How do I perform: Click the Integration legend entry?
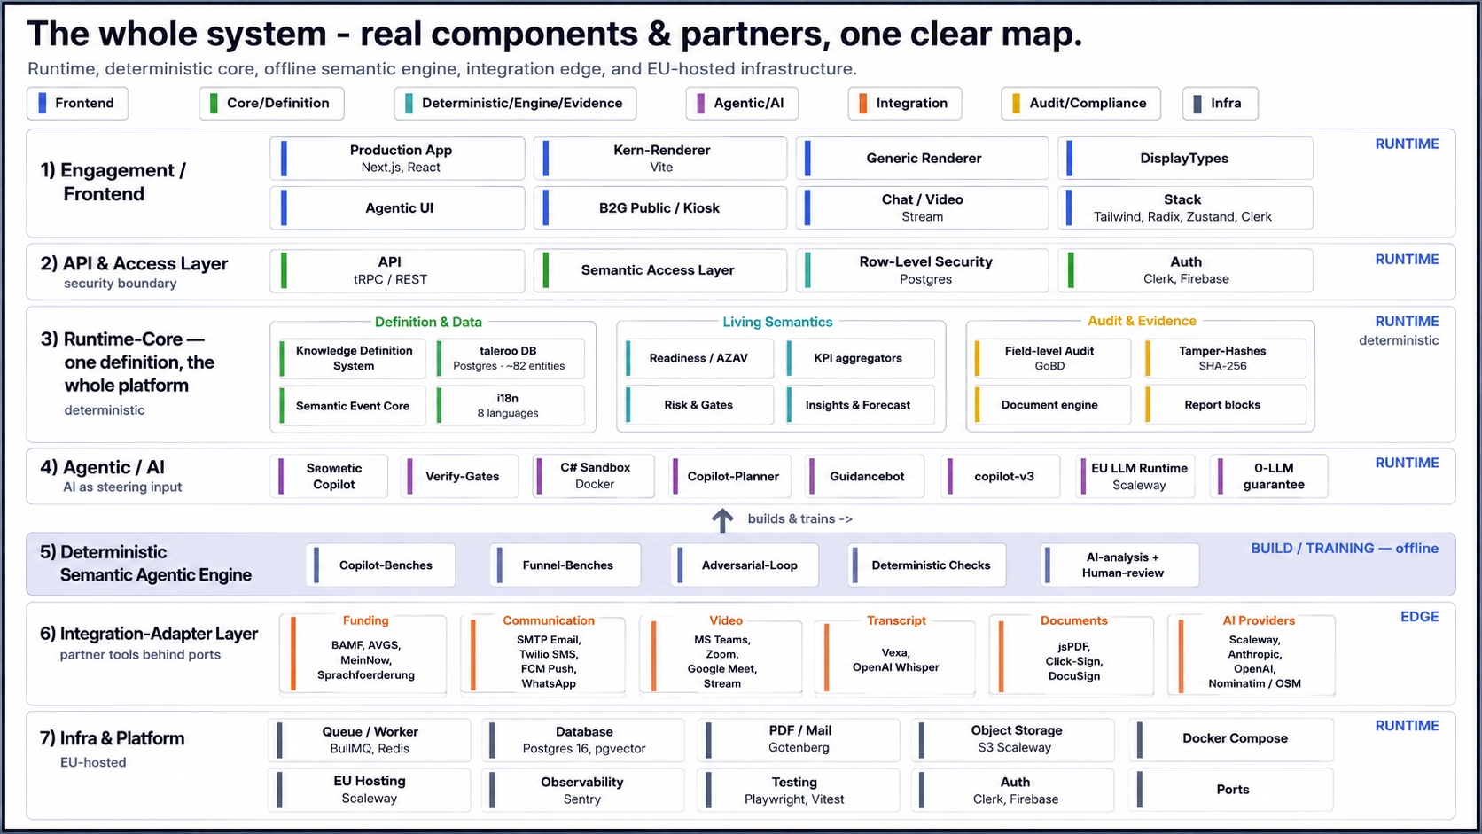[904, 103]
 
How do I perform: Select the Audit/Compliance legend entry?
[1080, 103]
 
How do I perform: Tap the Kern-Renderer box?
[660, 158]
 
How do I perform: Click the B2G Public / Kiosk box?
[660, 207]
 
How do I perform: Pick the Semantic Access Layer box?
[660, 269]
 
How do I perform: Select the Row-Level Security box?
[923, 269]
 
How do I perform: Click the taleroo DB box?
[511, 358]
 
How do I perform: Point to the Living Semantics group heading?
[777, 322]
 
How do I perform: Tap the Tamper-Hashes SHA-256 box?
[1225, 358]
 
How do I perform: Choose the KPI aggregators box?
[860, 358]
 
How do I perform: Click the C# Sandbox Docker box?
[594, 476]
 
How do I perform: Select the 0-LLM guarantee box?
[1268, 476]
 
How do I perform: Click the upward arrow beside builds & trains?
[722, 520]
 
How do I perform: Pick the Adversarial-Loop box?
[745, 565]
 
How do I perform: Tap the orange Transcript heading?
[896, 620]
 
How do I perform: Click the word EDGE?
[1419, 616]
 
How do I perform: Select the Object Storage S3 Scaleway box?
[1013, 739]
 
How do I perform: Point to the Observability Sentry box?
[583, 790]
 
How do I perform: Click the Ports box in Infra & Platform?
[1231, 790]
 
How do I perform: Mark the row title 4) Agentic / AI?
[103, 467]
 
